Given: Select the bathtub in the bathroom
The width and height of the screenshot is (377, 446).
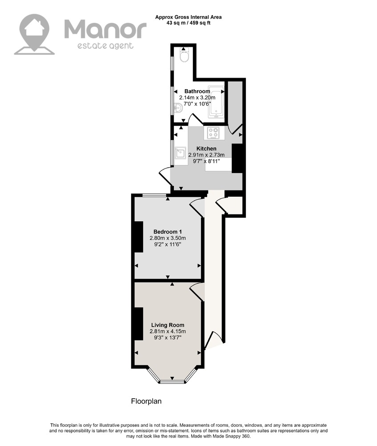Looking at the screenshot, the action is (x=216, y=102).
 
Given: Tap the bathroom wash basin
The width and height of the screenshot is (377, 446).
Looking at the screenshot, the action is (x=178, y=108).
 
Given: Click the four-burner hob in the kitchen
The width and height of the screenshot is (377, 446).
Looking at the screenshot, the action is (x=213, y=133).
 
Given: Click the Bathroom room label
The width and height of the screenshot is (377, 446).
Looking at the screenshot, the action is (x=197, y=91).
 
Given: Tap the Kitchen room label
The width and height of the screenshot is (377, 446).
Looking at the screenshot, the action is (x=206, y=149).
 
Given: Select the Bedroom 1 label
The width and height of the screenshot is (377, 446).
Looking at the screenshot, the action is (x=168, y=231).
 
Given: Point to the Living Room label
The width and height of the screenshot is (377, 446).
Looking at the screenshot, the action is (x=168, y=325).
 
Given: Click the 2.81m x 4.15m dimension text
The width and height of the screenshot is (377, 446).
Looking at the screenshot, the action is (x=168, y=331).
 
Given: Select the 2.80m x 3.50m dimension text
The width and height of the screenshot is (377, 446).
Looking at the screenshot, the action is (x=168, y=238).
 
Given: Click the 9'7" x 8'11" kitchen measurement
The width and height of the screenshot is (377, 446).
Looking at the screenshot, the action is (x=206, y=161).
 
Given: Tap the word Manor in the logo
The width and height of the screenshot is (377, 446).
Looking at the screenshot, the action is (x=106, y=29).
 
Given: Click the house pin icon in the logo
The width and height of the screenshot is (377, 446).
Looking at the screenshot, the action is (x=34, y=34).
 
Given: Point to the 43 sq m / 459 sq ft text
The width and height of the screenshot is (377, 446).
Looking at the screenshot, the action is (x=188, y=23).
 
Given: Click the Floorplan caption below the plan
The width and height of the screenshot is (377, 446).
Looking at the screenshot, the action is (x=146, y=401).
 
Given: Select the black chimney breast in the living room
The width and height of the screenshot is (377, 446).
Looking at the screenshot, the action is (x=139, y=324).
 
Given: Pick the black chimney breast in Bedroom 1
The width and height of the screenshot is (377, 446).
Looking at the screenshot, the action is (x=139, y=237).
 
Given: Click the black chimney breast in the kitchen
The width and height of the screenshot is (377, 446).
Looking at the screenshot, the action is (x=237, y=158).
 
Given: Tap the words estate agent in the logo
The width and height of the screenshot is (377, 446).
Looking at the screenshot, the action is (x=106, y=45).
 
